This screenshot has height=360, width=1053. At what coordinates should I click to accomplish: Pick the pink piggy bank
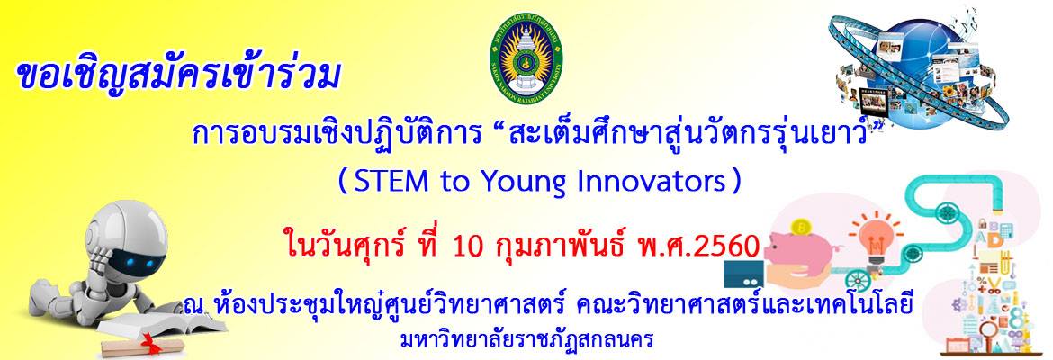point(805,247)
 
